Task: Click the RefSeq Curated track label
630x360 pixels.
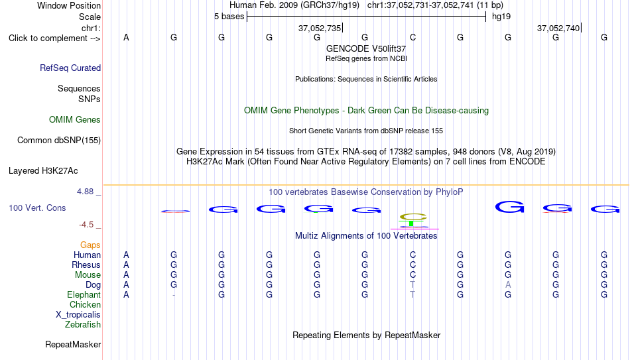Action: [70, 68]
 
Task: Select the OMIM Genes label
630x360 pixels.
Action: [75, 120]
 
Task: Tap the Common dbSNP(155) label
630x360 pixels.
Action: [59, 141]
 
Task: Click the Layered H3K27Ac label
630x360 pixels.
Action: [43, 171]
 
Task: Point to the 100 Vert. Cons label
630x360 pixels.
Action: [37, 208]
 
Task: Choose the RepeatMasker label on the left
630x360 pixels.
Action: [73, 344]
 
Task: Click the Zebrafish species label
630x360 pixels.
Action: [83, 324]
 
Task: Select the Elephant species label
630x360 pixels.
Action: [84, 294]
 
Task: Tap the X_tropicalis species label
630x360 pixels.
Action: [78, 315]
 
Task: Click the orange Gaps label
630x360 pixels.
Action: [90, 245]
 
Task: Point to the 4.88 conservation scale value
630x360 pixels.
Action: [85, 192]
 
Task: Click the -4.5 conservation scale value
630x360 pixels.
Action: [86, 225]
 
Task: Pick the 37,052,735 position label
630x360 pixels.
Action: [320, 28]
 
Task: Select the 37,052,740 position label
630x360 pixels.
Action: [558, 28]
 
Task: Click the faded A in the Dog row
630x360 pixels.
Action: [508, 285]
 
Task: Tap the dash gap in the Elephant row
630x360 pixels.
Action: [174, 295]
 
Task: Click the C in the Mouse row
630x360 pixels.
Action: [412, 275]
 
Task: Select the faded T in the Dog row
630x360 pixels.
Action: [412, 285]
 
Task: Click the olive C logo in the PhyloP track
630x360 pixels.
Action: [413, 217]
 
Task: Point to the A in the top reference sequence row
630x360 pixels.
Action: [126, 37]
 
